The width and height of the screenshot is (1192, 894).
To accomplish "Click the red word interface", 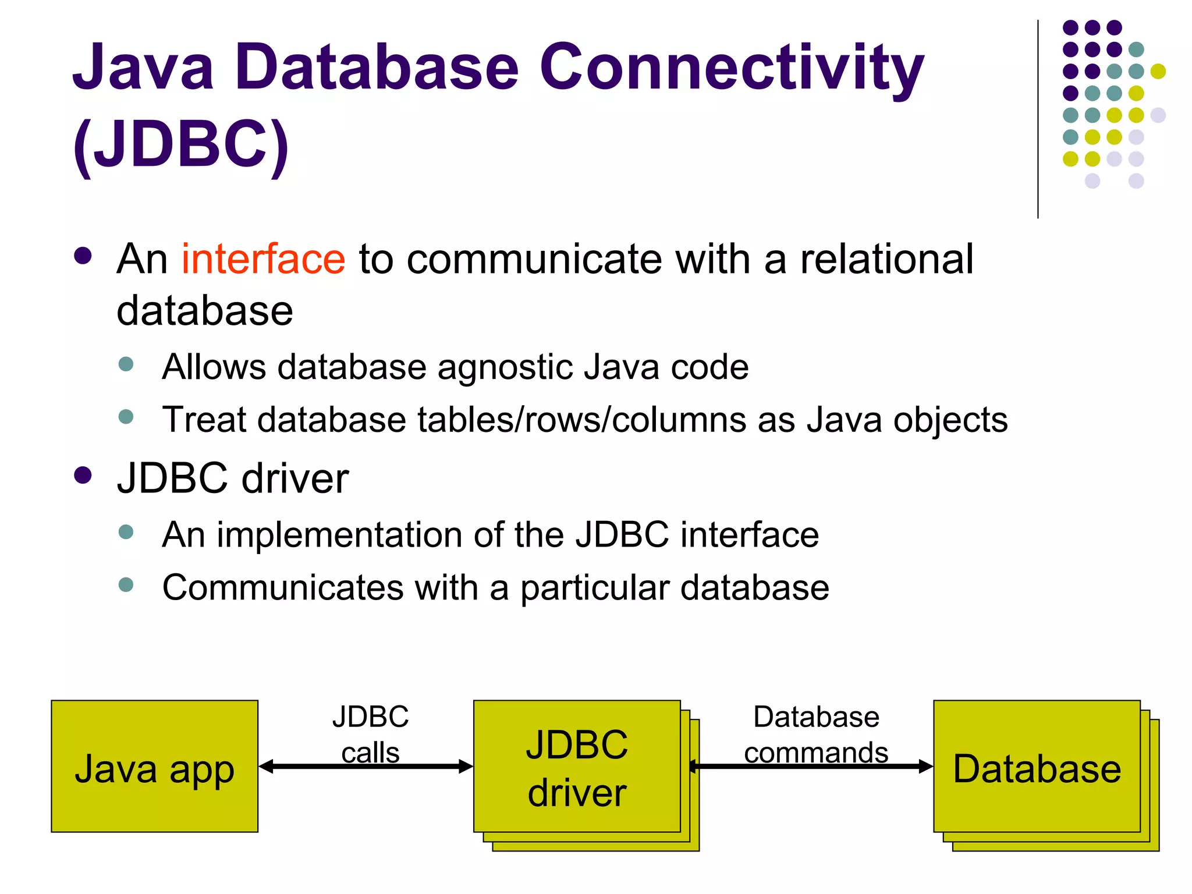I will point(263,259).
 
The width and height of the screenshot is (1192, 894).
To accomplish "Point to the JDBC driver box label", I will point(577,768).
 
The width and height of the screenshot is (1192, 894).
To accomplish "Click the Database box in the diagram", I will point(1037,768).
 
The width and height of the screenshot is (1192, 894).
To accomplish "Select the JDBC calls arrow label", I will point(370,734).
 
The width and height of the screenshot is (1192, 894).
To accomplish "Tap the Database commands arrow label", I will point(816,734).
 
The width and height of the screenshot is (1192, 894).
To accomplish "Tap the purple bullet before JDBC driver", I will point(83,476).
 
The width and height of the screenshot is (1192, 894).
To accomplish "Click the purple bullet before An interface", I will point(83,256).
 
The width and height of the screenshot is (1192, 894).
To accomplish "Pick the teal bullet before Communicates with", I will point(126,584).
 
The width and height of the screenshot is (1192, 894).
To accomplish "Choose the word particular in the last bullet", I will point(594,588).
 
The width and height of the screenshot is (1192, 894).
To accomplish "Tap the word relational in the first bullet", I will point(886,259).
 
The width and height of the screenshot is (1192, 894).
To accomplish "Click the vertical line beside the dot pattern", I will point(1038,119).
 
